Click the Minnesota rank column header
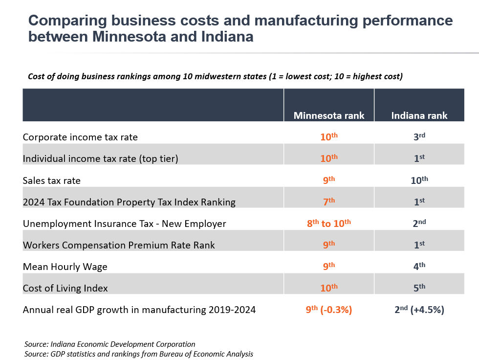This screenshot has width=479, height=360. tap(329, 116)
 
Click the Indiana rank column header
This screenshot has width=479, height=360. tap(419, 116)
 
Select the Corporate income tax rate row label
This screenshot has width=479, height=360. tap(80, 137)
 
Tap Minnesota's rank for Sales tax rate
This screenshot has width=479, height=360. tap(329, 180)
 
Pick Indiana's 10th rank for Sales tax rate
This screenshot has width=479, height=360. tap(419, 180)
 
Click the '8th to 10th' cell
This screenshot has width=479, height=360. tap(329, 224)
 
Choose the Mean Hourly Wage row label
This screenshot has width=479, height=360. tap(65, 267)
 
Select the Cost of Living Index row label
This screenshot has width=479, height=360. tap(65, 288)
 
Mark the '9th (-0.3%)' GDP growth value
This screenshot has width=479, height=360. tap(329, 310)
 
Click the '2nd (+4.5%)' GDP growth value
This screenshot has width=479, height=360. tap(419, 310)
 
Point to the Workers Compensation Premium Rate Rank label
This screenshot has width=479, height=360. tap(119, 245)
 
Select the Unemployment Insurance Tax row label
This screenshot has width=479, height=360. tap(124, 224)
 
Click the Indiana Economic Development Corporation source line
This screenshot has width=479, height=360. tap(109, 344)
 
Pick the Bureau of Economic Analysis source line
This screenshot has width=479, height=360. tap(138, 354)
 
